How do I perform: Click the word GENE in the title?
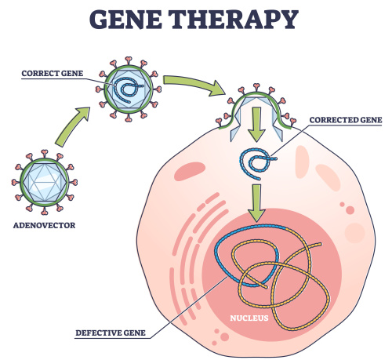click(x=125, y=20)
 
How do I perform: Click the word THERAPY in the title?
click(x=234, y=20)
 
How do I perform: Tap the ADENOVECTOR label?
click(x=44, y=225)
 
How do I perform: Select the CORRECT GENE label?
click(x=53, y=74)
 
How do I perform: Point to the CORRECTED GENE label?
click(x=346, y=120)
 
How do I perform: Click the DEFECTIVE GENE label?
click(x=111, y=333)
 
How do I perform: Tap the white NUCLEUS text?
click(x=249, y=318)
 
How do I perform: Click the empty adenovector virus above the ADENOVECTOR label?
click(x=45, y=182)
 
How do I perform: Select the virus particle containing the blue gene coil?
click(x=128, y=89)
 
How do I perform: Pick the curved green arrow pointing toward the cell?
click(x=194, y=84)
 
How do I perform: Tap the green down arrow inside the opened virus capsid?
click(x=256, y=125)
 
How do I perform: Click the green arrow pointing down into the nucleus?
click(x=256, y=203)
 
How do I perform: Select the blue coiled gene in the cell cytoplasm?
click(x=256, y=163)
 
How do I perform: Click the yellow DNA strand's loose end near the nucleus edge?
click(x=320, y=244)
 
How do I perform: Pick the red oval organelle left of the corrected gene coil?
click(x=190, y=172)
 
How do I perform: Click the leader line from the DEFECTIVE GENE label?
click(x=189, y=307)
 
